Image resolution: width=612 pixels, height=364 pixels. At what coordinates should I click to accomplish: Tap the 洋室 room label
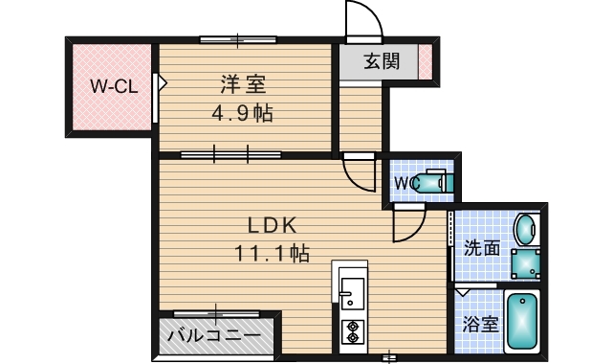pyautogui.click(x=243, y=84)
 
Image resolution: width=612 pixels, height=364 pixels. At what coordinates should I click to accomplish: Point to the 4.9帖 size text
pyautogui.click(x=242, y=114)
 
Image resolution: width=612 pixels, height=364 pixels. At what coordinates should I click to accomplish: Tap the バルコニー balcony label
pyautogui.click(x=212, y=336)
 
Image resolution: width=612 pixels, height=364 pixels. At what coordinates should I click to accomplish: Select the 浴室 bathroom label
pyautogui.click(x=481, y=324)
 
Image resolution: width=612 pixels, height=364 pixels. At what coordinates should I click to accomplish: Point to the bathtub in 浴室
pyautogui.click(x=522, y=323)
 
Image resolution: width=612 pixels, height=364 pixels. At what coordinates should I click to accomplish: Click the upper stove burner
pyautogui.click(x=352, y=324)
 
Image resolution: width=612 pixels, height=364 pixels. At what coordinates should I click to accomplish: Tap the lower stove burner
pyautogui.click(x=352, y=337)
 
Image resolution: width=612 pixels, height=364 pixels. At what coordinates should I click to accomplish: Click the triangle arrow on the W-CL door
pyautogui.click(x=162, y=84)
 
